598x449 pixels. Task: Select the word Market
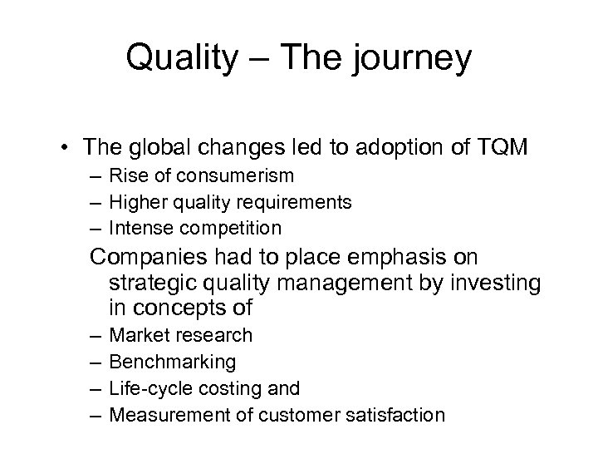[x=136, y=336]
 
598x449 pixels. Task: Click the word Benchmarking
[x=173, y=362]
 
